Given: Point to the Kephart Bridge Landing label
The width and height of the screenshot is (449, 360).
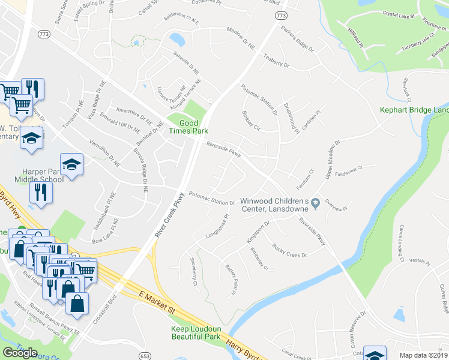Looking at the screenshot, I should click(414, 110).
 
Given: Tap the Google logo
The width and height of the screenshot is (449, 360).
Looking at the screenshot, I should click(20, 352).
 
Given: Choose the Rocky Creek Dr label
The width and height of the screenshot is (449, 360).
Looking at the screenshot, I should click(289, 251).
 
